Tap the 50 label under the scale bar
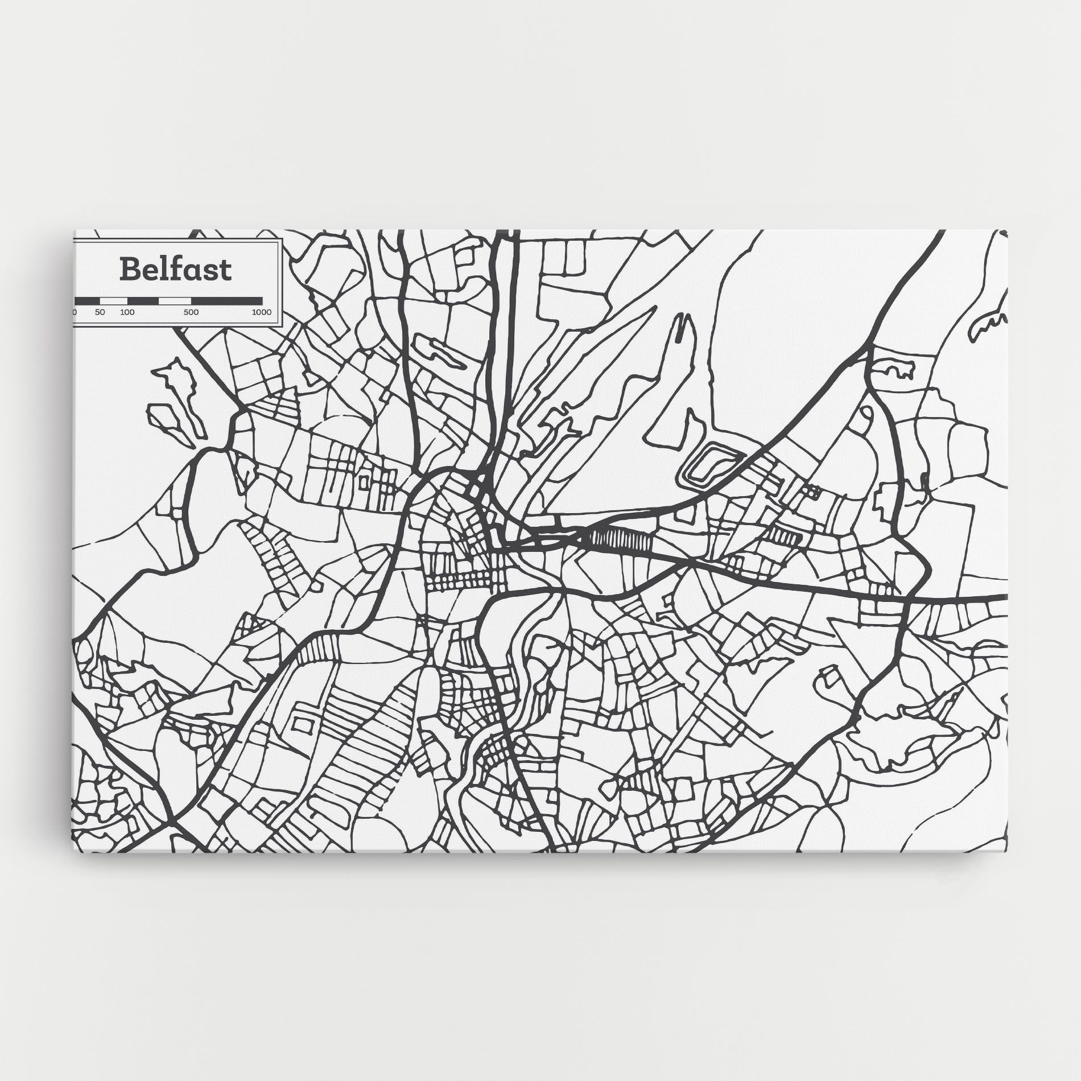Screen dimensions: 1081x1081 tap(100, 312)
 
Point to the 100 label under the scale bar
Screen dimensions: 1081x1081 tap(127, 312)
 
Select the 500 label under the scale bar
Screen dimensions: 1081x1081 tap(191, 312)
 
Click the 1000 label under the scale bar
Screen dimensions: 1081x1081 tap(262, 312)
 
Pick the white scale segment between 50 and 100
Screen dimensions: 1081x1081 tap(114, 300)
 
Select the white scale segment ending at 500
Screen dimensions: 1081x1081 tap(175, 300)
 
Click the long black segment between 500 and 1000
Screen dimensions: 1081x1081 tap(226, 300)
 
